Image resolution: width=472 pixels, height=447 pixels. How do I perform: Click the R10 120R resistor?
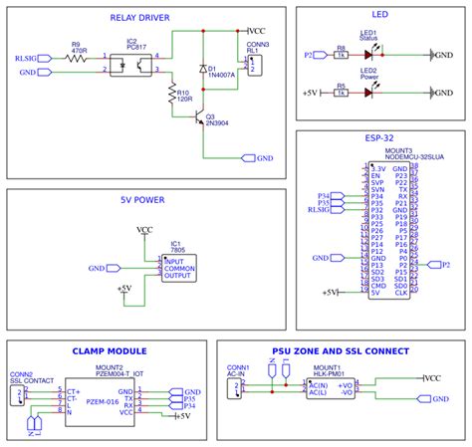[170, 95]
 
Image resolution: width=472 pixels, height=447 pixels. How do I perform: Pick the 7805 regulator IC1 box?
[179, 267]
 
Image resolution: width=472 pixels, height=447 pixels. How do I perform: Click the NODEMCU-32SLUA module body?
[388, 228]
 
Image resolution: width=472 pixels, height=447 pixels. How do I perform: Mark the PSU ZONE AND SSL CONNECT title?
[340, 351]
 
